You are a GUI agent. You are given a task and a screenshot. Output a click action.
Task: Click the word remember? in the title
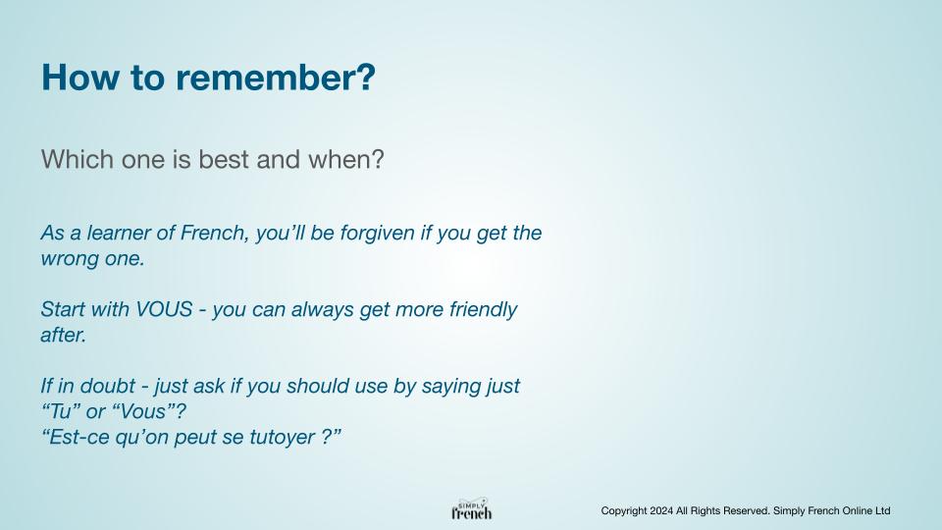[x=275, y=79]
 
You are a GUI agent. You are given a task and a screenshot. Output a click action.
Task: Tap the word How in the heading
[x=79, y=78]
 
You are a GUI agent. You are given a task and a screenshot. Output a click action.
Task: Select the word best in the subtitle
[x=223, y=159]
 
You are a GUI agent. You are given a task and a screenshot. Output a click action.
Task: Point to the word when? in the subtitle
[x=345, y=159]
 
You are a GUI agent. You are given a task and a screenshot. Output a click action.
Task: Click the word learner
[x=119, y=233]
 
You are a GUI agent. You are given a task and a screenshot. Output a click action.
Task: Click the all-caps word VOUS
[x=164, y=309]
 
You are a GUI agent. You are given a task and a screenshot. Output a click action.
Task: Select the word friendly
[x=483, y=310]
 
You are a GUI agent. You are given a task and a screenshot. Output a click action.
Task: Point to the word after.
[x=64, y=335]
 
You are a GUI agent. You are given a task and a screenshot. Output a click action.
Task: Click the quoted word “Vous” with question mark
[x=149, y=411]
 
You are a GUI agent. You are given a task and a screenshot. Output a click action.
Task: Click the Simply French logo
[x=472, y=509]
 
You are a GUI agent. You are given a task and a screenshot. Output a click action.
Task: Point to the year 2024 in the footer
[x=660, y=510]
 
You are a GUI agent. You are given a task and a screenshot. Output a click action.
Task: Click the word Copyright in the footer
[x=624, y=511]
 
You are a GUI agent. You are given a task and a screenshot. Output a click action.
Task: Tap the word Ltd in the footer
[x=882, y=510]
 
